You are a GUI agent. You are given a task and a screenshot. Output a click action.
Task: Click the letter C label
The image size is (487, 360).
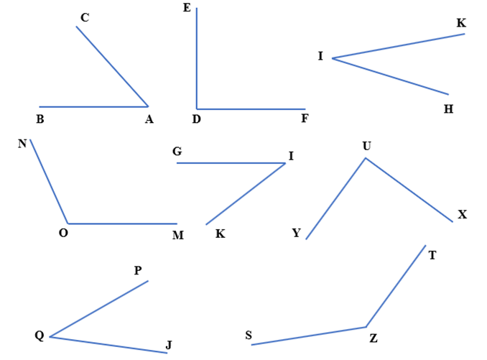tap(85, 17)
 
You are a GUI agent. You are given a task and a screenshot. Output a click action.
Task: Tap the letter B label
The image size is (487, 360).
tap(40, 119)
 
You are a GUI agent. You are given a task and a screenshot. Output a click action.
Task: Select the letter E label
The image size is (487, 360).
tap(187, 7)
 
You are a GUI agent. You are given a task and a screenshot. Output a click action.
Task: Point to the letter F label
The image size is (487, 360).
tap(305, 118)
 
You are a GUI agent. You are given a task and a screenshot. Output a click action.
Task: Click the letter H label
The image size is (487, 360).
tap(448, 109)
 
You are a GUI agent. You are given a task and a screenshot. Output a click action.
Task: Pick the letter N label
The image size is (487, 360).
tap(22, 144)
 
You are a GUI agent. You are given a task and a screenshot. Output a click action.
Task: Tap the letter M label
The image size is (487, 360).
tap(178, 235)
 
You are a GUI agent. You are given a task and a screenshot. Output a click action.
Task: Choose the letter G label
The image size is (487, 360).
tap(177, 152)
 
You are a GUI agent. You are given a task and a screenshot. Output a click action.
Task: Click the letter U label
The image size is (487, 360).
tap(367, 146)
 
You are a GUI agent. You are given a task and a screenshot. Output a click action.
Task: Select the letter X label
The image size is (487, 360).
tap(462, 214)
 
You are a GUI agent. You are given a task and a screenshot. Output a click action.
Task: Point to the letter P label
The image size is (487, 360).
tap(138, 270)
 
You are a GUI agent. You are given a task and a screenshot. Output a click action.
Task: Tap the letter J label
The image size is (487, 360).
tap(169, 345)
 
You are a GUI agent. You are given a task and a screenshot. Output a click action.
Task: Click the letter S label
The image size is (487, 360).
tap(249, 335)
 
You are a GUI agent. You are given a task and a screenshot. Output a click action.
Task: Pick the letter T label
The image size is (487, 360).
tap(432, 255)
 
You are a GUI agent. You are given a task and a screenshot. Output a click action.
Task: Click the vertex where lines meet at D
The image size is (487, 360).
tap(197, 109)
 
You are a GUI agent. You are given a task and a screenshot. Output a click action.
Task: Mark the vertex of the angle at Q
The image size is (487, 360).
tap(50, 337)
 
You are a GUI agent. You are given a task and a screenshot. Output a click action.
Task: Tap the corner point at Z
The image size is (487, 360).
tap(366, 327)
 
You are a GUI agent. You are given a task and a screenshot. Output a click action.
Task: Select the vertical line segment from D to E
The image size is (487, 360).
tap(197, 58)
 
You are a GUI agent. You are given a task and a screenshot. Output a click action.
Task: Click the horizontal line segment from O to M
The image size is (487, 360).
tap(123, 223)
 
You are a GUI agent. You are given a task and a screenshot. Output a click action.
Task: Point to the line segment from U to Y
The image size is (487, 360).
tap(335, 199)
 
